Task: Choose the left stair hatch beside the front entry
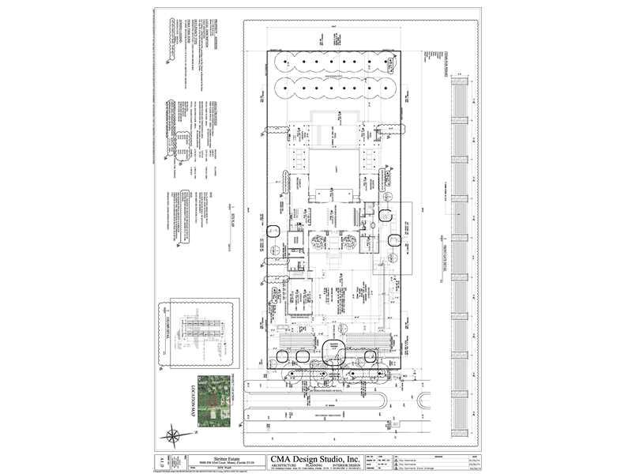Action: pyautogui.click(x=295, y=340)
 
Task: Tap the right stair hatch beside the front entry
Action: pyautogui.click(x=366, y=340)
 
